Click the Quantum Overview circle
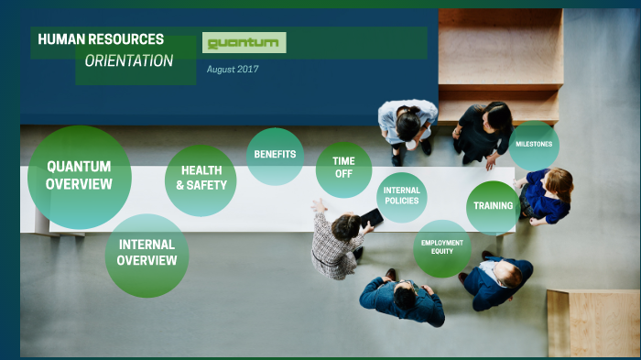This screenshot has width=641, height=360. pos(79,177)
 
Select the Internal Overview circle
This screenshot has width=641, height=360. pos(147,254)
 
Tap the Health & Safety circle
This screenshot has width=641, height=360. pos(201,179)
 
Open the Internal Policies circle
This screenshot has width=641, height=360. pos(401,197)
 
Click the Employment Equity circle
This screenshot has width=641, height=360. pos(442,247)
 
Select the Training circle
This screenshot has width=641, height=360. pos(493,206)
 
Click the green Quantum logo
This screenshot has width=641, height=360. pos(244,43)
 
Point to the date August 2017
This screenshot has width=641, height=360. pos(233,70)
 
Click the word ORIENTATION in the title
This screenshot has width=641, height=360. pos(128,61)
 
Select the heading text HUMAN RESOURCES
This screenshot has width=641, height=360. pos(101,39)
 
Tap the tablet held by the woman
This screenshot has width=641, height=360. pos(371,218)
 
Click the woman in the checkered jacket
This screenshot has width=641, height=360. pos(336,243)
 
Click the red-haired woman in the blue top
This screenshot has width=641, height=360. pos(547,195)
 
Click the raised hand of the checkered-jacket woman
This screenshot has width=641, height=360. pos(318,206)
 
